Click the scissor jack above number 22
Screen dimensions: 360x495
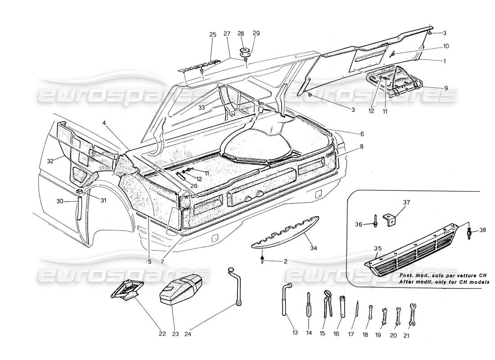coord(127,289)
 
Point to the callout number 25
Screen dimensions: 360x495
coord(213,35)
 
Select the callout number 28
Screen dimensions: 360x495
coord(241,33)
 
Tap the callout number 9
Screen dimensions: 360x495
coord(446,88)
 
